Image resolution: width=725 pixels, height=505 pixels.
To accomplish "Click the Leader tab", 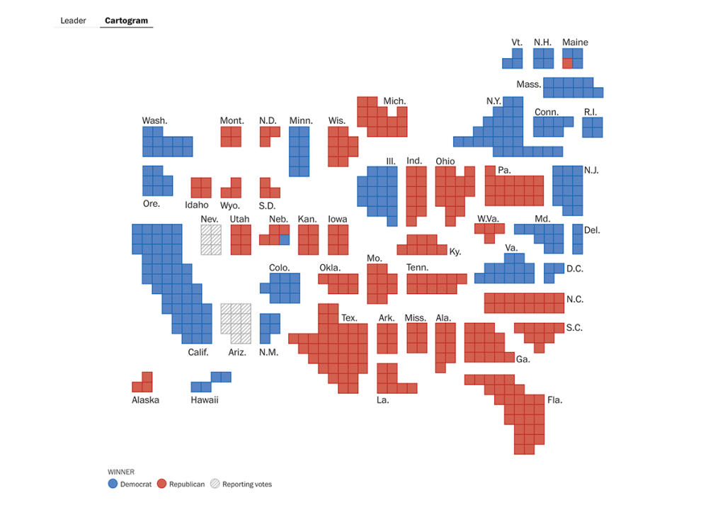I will pos(73,21).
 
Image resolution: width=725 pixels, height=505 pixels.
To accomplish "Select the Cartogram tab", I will pos(127,21).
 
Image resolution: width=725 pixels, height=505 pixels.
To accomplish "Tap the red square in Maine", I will pos(567,63).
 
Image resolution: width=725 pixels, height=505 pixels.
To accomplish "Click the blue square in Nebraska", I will pos(285,239).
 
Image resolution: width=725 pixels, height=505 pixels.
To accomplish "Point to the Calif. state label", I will pos(198,352).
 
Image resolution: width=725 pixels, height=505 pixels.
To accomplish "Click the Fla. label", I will pos(555,399).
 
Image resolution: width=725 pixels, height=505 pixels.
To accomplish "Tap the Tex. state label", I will pos(349,318).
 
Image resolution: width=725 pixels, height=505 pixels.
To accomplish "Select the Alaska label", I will pos(145,399).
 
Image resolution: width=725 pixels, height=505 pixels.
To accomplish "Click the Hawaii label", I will pos(205,399).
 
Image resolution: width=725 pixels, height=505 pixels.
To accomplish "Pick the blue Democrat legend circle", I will pos(112,484).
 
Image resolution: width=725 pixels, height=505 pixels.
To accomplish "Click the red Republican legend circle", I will pos(161,484).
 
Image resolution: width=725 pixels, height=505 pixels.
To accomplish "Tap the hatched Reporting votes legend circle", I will pos(215,484).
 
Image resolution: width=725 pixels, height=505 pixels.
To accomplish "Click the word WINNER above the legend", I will pos(120,471).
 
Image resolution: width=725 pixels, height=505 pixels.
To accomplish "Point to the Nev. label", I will pos(210,219).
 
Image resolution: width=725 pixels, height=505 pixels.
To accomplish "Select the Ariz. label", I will pos(237,352).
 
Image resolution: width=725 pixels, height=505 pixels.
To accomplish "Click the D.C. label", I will pos(575,268).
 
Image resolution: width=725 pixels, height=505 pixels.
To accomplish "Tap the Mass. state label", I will pos(528,84).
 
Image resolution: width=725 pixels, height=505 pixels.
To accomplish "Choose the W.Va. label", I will pos(489,218).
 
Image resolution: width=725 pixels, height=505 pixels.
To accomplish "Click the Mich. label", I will pos(394,101).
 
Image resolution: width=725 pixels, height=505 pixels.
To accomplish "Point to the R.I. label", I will pos(591,112).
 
